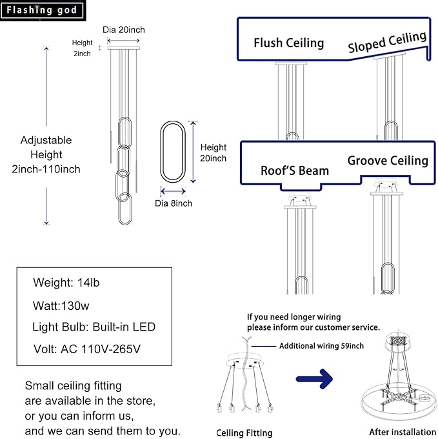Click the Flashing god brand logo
[x=43, y=10]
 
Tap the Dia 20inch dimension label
[x=123, y=30]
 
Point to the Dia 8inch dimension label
[x=172, y=203]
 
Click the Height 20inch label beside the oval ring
[x=214, y=152]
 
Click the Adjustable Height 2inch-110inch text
[x=46, y=155]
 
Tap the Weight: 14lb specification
[x=66, y=283]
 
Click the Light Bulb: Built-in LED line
[x=94, y=327]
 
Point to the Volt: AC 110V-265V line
[x=86, y=349]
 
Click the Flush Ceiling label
[x=288, y=43]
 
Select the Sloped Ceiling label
[x=387, y=42]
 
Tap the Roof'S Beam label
[x=295, y=170]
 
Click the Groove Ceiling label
[x=388, y=160]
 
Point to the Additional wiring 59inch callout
[x=321, y=346]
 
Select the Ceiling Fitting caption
[x=244, y=433]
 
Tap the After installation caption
[x=403, y=432]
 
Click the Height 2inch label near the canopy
[x=82, y=48]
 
